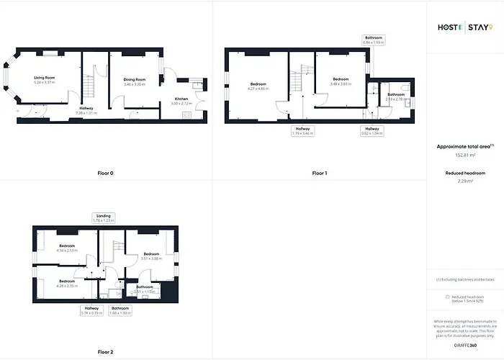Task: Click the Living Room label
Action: pyautogui.click(x=45, y=80)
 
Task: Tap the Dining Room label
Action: pyautogui.click(x=135, y=82)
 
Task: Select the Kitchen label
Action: pyautogui.click(x=181, y=102)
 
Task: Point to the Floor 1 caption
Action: pyautogui.click(x=319, y=174)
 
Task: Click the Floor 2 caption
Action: pyautogui.click(x=106, y=352)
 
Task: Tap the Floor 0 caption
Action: pyautogui.click(x=106, y=174)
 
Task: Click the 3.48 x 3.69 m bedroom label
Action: pyautogui.click(x=341, y=82)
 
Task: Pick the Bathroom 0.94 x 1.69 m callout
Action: pyautogui.click(x=373, y=40)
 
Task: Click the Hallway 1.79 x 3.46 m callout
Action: pyautogui.click(x=302, y=131)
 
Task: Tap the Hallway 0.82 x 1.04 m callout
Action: pyautogui.click(x=372, y=131)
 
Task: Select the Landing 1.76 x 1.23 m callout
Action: pyautogui.click(x=104, y=217)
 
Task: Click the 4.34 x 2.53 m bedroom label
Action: pyautogui.click(x=68, y=248)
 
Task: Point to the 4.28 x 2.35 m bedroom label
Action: pyautogui.click(x=67, y=283)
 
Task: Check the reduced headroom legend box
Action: pyautogui.click(x=438, y=296)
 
